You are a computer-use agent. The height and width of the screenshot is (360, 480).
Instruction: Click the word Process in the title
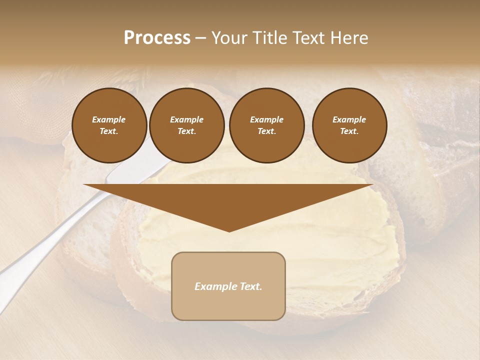tap(157, 38)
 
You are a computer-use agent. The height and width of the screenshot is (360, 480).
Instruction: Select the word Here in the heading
tap(349, 38)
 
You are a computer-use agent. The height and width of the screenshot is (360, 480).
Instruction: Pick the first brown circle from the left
tap(109, 125)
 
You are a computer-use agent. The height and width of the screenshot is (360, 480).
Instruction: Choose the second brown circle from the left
tap(187, 125)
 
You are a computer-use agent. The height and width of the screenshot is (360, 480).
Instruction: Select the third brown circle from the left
tap(266, 125)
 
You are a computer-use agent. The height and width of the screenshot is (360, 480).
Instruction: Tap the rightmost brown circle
tap(349, 125)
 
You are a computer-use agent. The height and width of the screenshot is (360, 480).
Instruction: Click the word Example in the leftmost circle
tap(109, 120)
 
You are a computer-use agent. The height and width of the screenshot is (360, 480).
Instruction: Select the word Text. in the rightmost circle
tap(349, 131)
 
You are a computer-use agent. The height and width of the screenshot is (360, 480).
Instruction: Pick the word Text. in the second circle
tap(187, 131)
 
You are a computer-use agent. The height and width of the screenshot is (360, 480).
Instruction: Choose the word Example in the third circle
tap(266, 120)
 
